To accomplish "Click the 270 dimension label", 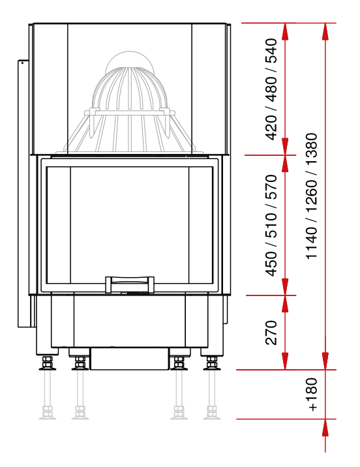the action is click(271, 333).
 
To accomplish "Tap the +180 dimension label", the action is click(312, 395).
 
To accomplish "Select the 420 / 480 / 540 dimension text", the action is click(271, 89).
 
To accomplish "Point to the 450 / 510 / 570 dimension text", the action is click(271, 226).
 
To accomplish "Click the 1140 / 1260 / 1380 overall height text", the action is click(312, 196).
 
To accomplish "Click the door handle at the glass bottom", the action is click(130, 284).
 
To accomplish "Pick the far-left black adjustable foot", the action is click(48, 363).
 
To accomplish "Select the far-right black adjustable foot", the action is click(212, 363).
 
